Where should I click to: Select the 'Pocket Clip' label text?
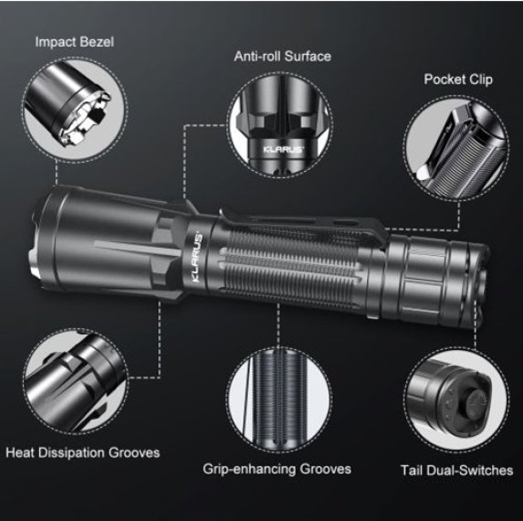click(458, 79)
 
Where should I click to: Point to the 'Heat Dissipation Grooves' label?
click(82, 452)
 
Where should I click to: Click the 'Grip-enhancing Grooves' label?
click(277, 469)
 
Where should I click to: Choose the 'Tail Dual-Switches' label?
click(456, 471)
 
